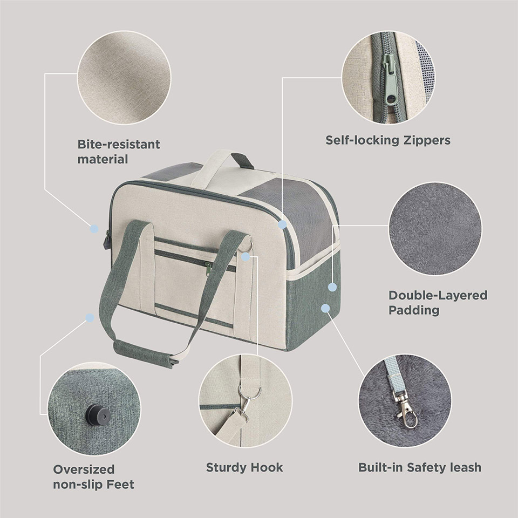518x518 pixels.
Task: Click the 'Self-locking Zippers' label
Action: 388,140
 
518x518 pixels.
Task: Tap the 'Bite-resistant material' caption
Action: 119,152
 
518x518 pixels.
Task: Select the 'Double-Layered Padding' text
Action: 438,302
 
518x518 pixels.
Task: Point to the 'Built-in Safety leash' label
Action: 420,467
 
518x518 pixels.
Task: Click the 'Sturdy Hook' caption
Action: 244,467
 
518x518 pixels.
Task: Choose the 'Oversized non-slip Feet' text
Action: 93,476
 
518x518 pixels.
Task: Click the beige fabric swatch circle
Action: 124,78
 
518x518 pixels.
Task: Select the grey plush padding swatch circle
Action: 435,229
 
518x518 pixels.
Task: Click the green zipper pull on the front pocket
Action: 208,269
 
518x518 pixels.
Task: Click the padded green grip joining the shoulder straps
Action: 145,354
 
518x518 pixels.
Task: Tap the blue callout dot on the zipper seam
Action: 282,224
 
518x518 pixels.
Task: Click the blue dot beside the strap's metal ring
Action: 246,257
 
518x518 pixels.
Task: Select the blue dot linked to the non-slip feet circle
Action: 90,318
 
